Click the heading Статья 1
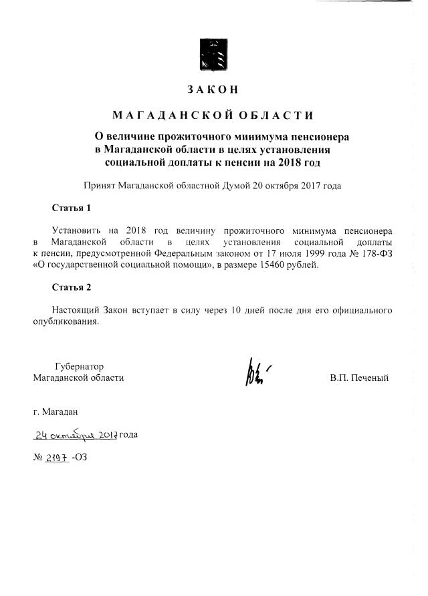pyautogui.click(x=71, y=208)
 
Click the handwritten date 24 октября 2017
pyautogui.click(x=76, y=435)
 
